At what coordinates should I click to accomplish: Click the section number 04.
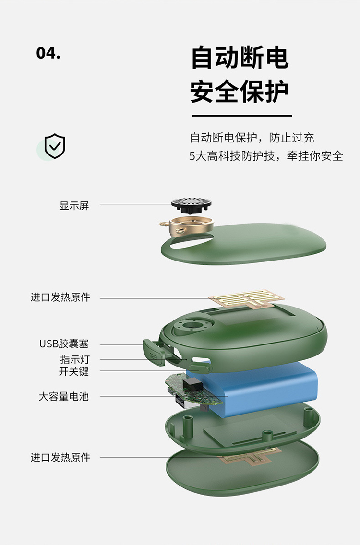click(x=48, y=53)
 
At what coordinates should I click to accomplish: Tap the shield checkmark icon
click(x=55, y=146)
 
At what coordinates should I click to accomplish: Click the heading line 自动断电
click(x=240, y=58)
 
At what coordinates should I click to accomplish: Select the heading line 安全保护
click(x=240, y=91)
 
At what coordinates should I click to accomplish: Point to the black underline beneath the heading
click(x=242, y=116)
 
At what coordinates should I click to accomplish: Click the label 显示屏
click(x=74, y=206)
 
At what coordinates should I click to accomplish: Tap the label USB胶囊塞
click(x=64, y=344)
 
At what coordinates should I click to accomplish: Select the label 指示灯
click(x=74, y=359)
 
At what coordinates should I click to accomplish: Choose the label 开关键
click(x=74, y=371)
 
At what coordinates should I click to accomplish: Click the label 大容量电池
click(x=64, y=397)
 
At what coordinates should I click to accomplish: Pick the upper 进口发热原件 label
click(x=60, y=297)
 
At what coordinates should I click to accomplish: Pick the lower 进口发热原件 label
click(x=60, y=457)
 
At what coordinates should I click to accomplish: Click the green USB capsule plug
click(x=153, y=353)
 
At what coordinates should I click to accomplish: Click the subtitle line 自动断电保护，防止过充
click(x=252, y=138)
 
